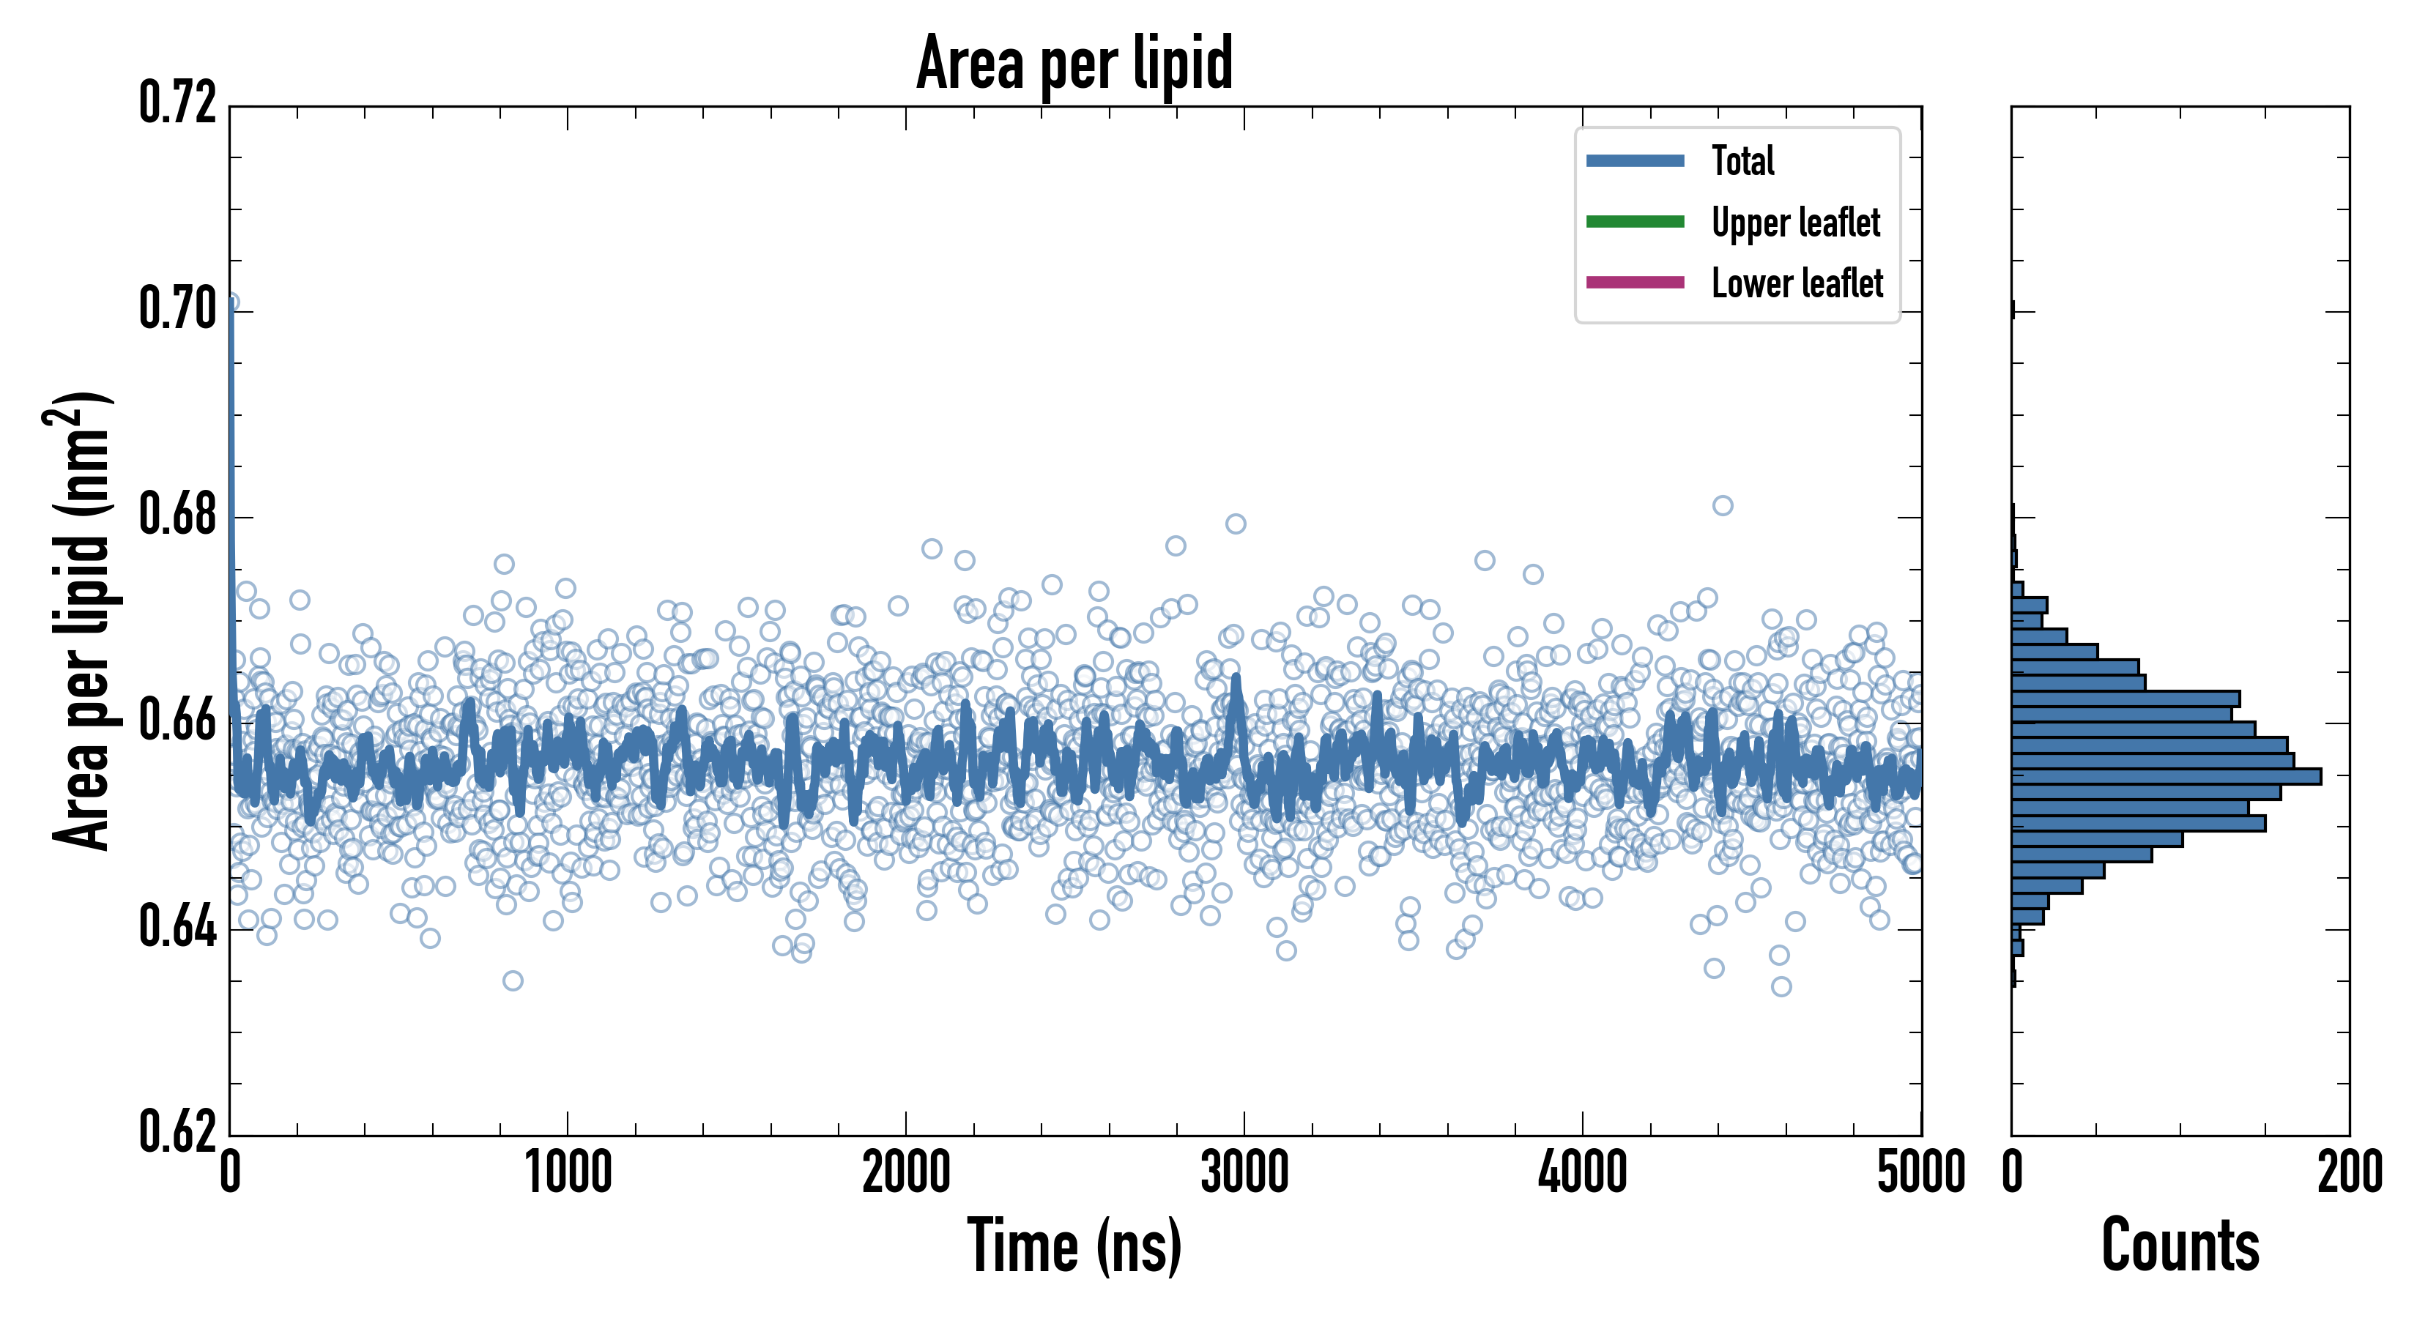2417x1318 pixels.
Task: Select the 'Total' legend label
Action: click(1742, 160)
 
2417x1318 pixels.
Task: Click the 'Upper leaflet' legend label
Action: click(1795, 223)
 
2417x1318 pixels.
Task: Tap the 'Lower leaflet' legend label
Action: click(1797, 283)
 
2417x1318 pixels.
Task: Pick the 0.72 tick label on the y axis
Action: click(177, 103)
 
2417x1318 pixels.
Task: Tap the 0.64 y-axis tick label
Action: click(177, 927)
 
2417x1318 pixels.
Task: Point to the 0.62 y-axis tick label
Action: click(177, 1131)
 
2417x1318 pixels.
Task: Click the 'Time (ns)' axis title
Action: click(1074, 1246)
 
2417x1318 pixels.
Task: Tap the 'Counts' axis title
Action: click(2180, 1246)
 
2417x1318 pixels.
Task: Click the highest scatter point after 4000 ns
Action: click(1722, 506)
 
